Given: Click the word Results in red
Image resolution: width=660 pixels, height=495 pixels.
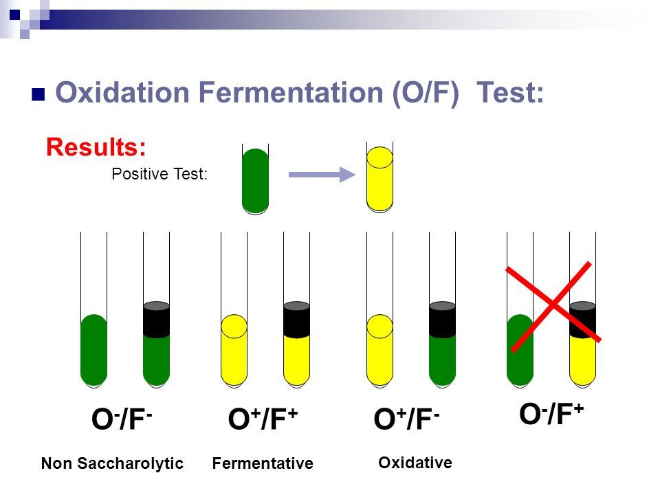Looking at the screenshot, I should (x=96, y=146).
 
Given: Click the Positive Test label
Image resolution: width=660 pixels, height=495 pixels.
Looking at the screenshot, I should (x=159, y=175).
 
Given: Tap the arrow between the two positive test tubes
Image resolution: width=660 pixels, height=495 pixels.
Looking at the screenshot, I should (x=320, y=176).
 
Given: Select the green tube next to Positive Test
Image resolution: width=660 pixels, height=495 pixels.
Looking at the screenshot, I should (x=255, y=180).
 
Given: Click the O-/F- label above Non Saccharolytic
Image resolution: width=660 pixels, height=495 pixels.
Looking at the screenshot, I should (x=122, y=420).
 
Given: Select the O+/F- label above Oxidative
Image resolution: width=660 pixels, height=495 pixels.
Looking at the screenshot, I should (x=407, y=420).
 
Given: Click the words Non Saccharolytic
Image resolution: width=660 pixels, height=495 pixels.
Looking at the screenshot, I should (x=113, y=464).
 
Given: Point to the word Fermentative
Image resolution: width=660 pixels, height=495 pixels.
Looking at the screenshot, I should (x=263, y=464).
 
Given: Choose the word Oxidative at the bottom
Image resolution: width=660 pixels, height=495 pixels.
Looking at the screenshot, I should (x=415, y=463).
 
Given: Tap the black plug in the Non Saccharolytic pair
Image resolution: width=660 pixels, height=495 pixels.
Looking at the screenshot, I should (x=156, y=320).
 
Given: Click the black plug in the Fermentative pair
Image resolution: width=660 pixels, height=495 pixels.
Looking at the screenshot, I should (x=296, y=320).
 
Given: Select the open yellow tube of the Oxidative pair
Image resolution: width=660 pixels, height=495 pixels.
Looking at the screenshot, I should (x=379, y=351).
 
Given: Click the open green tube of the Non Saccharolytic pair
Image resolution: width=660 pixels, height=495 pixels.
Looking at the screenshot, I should (x=93, y=351).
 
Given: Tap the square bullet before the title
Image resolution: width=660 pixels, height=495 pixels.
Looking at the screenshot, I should (x=38, y=94).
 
